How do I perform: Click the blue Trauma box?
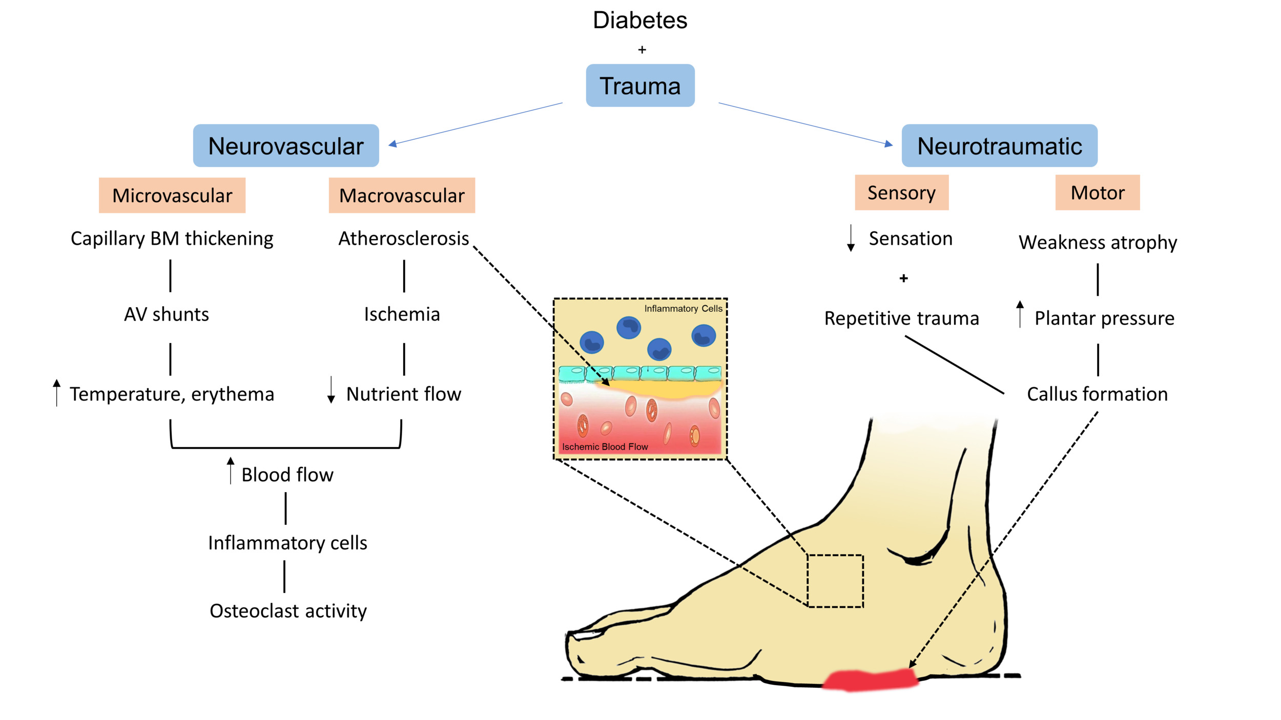pyautogui.click(x=640, y=86)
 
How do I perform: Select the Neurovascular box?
pyautogui.click(x=286, y=146)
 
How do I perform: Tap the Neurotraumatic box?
pyautogui.click(x=999, y=146)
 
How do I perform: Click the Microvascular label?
pyautogui.click(x=172, y=196)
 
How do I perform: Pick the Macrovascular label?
pyautogui.click(x=402, y=196)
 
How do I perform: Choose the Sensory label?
pyautogui.click(x=901, y=193)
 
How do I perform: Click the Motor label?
pyautogui.click(x=1098, y=193)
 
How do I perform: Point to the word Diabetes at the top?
pyautogui.click(x=640, y=20)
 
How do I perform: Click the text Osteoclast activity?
pyautogui.click(x=288, y=611)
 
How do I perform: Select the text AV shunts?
pyautogui.click(x=167, y=314)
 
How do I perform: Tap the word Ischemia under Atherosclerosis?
pyautogui.click(x=402, y=314)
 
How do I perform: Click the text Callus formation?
pyautogui.click(x=1097, y=394)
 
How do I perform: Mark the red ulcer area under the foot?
pyautogui.click(x=870, y=680)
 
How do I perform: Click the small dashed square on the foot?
pyautogui.click(x=835, y=581)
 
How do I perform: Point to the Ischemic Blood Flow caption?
pyautogui.click(x=605, y=447)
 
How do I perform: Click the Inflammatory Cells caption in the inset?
pyautogui.click(x=683, y=308)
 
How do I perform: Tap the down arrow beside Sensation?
pyautogui.click(x=851, y=238)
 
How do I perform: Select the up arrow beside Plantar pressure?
pyautogui.click(x=1020, y=314)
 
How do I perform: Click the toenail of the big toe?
pyautogui.click(x=587, y=635)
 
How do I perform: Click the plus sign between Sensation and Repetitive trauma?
pyautogui.click(x=903, y=278)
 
